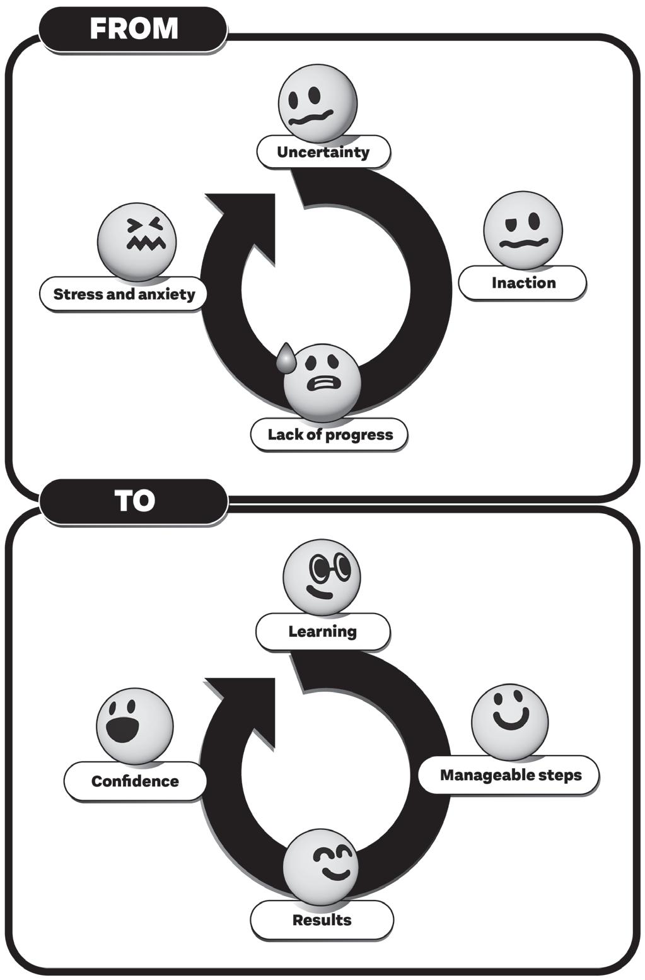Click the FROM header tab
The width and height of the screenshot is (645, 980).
tap(133, 29)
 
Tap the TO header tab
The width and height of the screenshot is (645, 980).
tap(133, 501)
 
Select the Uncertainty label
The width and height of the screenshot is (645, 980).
tap(323, 152)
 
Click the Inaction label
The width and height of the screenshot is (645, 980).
tap(523, 283)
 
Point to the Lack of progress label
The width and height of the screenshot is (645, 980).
tap(329, 435)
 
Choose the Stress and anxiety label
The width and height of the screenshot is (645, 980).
tap(124, 294)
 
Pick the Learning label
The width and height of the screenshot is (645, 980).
tap(322, 631)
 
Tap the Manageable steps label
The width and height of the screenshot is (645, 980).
tap(509, 775)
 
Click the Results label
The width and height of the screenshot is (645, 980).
tap(322, 920)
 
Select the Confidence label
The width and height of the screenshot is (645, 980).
tap(135, 781)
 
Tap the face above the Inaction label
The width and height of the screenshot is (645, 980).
tap(523, 231)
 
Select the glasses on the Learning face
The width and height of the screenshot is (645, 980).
tap(331, 568)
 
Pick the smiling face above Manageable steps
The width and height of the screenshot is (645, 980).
tap(510, 721)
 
